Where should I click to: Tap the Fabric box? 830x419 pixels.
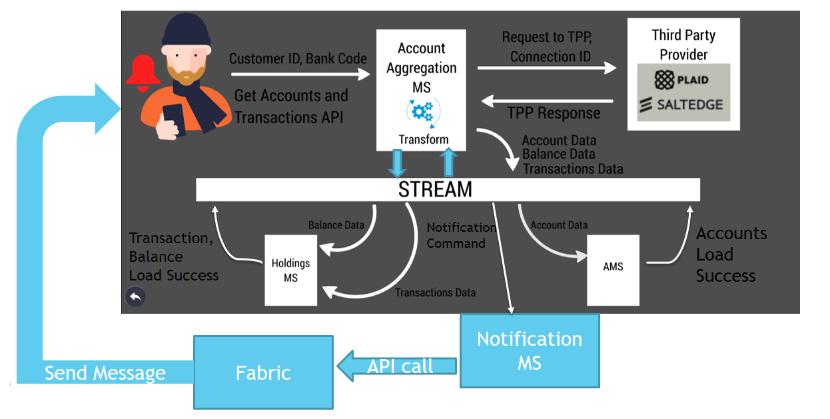point(263,372)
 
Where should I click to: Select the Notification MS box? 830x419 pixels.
point(530,350)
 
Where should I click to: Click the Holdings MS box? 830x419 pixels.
point(290,270)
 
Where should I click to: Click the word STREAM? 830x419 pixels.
point(435,189)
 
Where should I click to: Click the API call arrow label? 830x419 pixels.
point(400,366)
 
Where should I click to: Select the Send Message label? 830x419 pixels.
point(105,373)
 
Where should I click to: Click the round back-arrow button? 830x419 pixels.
point(135,297)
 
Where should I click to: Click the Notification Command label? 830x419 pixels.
point(461,235)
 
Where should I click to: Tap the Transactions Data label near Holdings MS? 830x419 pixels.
point(435,292)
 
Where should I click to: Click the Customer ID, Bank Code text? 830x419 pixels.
point(298,59)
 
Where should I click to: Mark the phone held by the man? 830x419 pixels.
point(173,119)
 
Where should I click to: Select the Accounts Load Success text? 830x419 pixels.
point(731,254)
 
